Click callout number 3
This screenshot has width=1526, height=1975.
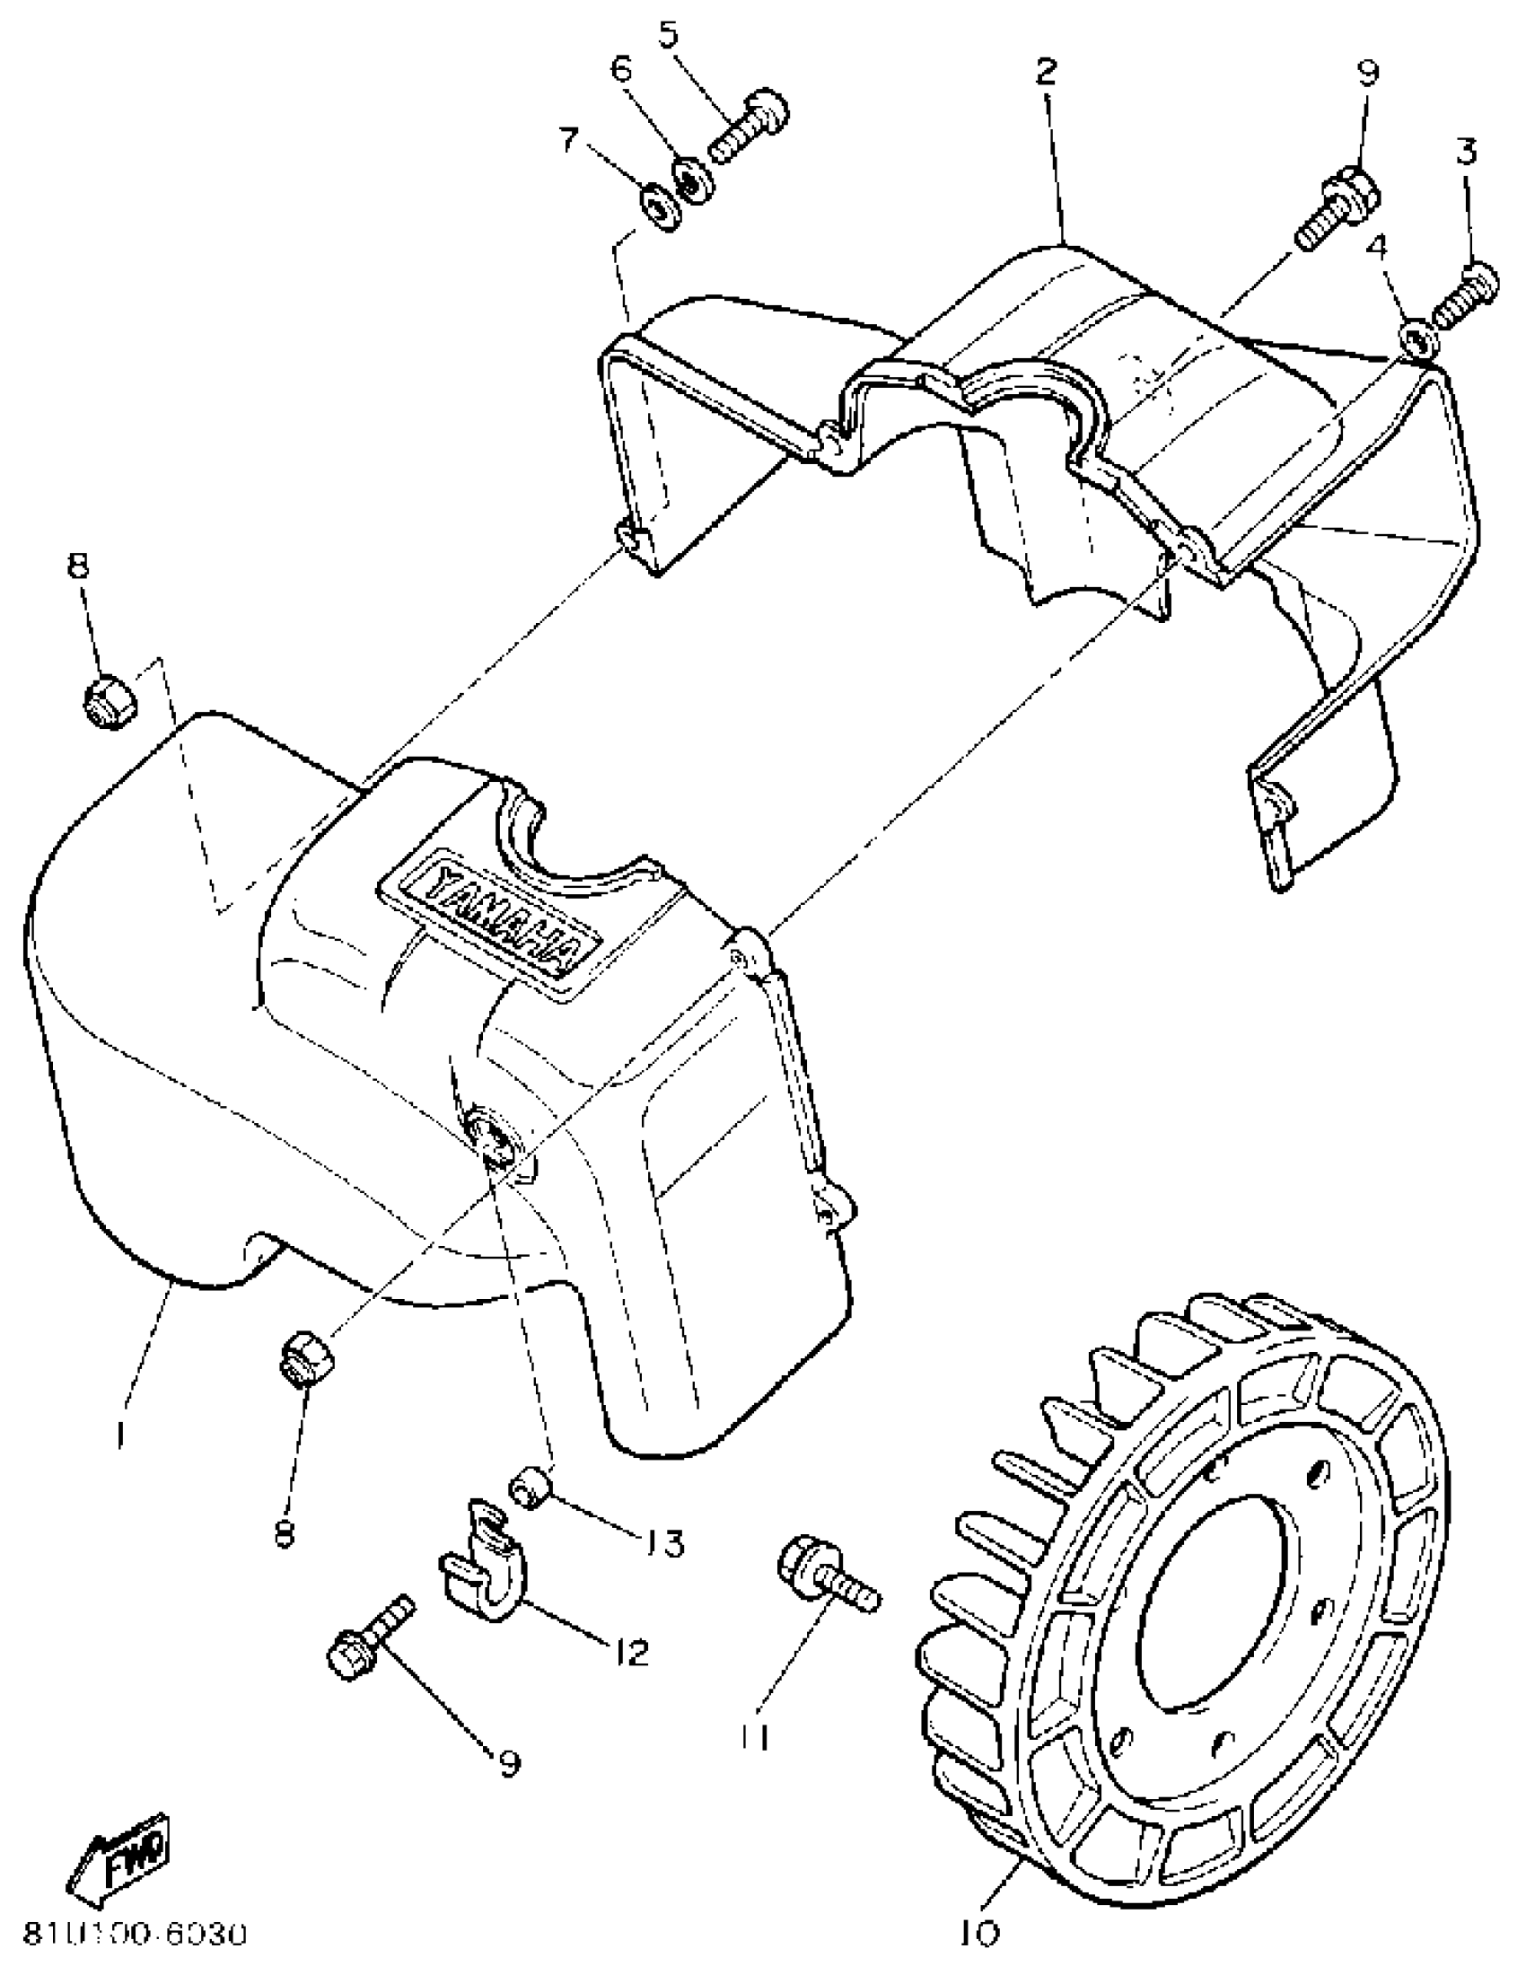(x=1466, y=152)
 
